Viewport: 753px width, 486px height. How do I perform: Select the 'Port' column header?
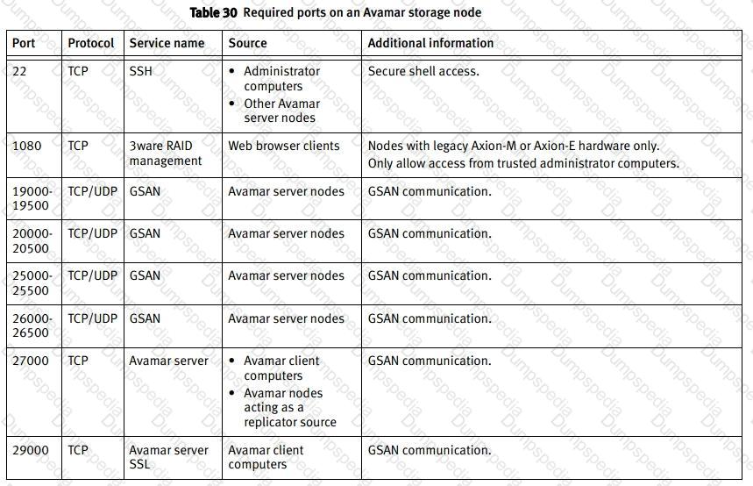(x=24, y=43)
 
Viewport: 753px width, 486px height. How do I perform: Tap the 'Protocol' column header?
(x=91, y=43)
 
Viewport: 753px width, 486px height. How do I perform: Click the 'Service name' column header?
(x=167, y=43)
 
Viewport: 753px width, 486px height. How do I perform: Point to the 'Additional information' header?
(x=430, y=43)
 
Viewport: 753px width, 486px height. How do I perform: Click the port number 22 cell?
(x=20, y=71)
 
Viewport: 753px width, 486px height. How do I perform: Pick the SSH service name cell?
(x=140, y=71)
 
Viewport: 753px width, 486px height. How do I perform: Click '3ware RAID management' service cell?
(x=166, y=154)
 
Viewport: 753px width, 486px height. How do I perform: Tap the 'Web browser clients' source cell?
(x=283, y=146)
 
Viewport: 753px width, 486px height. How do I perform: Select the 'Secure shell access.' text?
(x=423, y=71)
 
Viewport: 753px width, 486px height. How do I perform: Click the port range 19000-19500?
(x=32, y=198)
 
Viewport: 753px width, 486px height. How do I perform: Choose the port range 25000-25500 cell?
(x=32, y=282)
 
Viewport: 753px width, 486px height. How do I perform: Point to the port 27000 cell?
(x=31, y=361)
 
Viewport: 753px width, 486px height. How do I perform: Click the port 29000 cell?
(x=31, y=450)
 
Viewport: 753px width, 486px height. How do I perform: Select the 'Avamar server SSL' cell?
(x=168, y=457)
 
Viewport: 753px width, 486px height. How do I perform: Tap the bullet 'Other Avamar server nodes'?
(x=281, y=111)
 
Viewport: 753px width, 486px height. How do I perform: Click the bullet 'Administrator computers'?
(x=281, y=79)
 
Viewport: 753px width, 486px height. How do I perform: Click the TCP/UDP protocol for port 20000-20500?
(x=92, y=233)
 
